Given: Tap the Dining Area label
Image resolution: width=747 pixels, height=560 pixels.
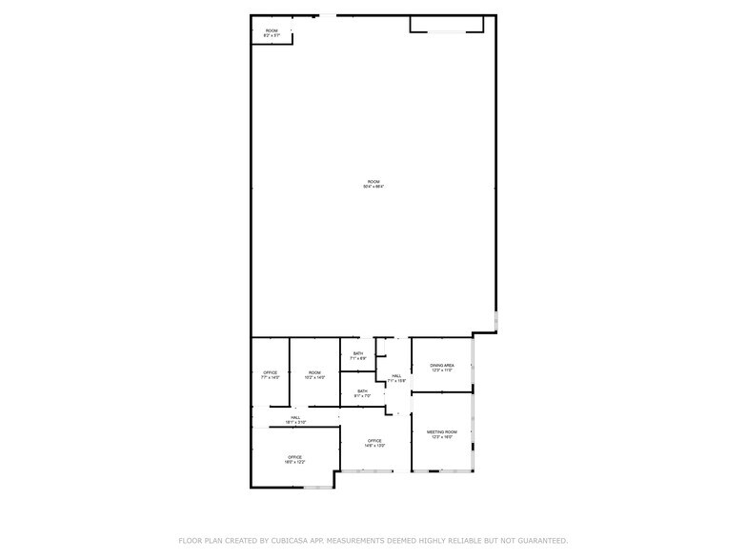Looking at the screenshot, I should point(442,365).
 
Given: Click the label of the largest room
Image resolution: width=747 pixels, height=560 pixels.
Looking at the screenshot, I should point(373,181).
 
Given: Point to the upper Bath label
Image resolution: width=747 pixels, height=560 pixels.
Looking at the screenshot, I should point(358,353).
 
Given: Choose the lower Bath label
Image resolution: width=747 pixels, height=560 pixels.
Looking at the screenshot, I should point(363,390).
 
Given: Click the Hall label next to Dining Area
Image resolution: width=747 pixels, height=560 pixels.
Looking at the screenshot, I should point(396,376).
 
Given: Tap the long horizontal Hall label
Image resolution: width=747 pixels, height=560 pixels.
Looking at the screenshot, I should point(295,417).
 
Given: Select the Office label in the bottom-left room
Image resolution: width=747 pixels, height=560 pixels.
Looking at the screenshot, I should point(295,457).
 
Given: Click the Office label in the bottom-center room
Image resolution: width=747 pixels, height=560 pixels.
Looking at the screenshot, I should point(375,440).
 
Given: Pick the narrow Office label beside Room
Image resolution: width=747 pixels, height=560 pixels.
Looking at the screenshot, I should point(271,372).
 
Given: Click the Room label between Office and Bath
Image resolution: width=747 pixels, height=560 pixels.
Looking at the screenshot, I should point(314,372).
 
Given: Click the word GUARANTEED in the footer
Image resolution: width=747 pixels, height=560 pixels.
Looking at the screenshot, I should point(538,540).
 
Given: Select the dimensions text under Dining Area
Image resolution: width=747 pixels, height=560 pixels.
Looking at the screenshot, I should point(442,370).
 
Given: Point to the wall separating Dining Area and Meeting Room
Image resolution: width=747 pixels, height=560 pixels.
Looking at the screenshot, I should point(442,391).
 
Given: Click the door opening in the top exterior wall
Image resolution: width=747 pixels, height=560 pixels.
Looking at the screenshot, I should point(327,14).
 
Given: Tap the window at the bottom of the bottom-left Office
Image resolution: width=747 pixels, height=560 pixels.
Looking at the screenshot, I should point(318,489).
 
